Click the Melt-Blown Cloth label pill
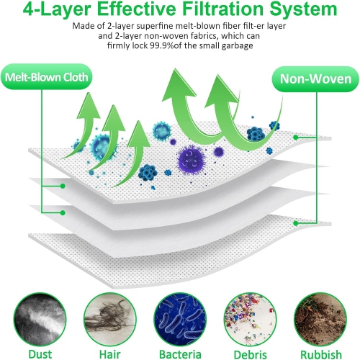[x=47, y=77]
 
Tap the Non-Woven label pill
[x=315, y=79]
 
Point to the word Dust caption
[x=40, y=354]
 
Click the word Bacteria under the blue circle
[x=180, y=354]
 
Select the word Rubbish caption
[x=321, y=354]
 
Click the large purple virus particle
[x=191, y=160]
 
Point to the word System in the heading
[x=303, y=9]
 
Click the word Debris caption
[x=250, y=354]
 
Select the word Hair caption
[x=110, y=354]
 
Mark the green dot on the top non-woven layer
[x=296, y=138]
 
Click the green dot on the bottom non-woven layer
[x=296, y=223]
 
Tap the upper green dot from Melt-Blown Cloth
[x=63, y=186]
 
